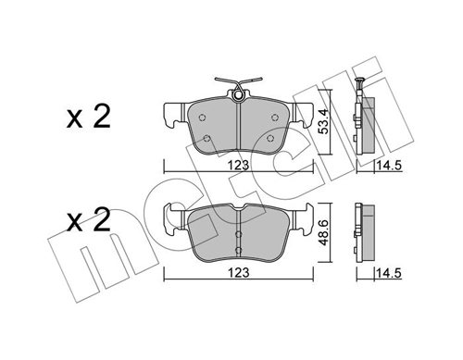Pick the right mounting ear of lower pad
coord(307,218)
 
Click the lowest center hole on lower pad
coord(239,250)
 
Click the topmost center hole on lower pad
coord(239,222)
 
